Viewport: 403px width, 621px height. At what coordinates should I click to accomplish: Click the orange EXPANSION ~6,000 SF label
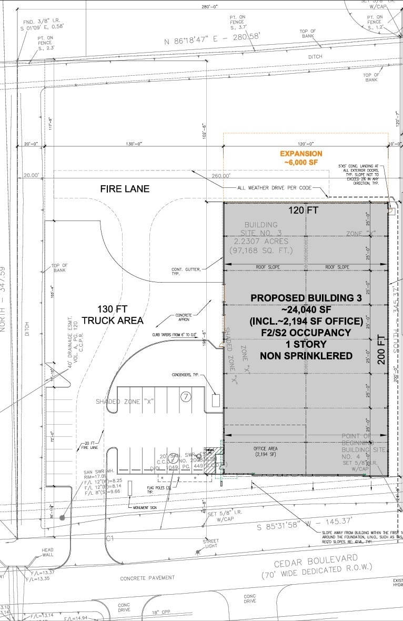point(301,158)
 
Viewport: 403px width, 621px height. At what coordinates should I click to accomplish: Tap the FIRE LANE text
point(125,188)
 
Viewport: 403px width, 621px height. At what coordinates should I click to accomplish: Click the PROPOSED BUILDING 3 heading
point(306,298)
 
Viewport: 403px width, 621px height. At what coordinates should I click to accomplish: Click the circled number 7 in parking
point(185,397)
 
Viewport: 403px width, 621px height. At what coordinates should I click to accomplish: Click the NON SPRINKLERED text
point(306,356)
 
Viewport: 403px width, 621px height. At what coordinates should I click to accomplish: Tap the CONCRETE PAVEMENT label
point(147,578)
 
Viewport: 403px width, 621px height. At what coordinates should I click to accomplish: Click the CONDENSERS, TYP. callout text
point(188,375)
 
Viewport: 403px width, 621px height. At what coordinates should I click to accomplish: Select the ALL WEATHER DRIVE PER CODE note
point(274,188)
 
